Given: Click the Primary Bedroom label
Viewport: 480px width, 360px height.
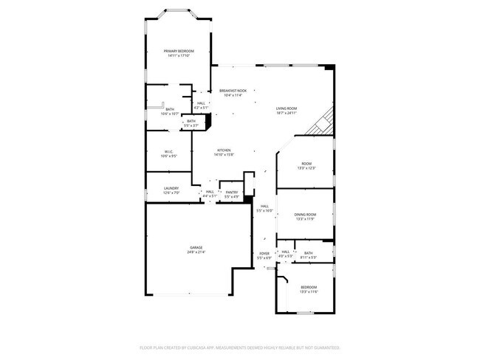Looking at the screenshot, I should pos(179,51).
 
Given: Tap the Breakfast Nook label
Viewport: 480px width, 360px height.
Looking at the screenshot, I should pos(233,91).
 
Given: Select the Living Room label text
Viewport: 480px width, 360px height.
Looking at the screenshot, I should pos(287,108).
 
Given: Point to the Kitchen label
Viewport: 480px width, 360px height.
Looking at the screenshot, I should pos(224,150).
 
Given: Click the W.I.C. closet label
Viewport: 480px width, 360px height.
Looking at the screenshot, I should pos(168,152).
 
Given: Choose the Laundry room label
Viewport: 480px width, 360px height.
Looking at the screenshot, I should pos(171,188).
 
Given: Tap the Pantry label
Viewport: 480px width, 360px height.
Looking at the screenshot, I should pos(231,192).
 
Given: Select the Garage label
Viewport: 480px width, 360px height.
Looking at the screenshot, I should pos(196,247).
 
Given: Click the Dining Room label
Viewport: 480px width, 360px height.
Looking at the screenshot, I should pos(306,215).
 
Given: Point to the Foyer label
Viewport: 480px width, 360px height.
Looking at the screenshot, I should pos(264,254).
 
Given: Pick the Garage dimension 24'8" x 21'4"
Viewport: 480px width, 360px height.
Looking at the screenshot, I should pos(196,252).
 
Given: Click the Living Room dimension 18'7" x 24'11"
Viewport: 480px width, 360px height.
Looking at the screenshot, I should pos(287,113).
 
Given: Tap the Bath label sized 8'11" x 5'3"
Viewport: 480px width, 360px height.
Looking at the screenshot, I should pos(308,253).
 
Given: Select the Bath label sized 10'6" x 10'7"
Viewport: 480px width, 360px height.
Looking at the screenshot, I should pos(170,109).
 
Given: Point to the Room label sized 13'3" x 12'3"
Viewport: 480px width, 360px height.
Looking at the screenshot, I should pos(306,164).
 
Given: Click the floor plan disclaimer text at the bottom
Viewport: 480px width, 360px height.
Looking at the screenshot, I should pos(239,347).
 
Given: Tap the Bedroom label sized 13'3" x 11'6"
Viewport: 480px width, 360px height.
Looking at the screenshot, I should pos(308,287).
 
